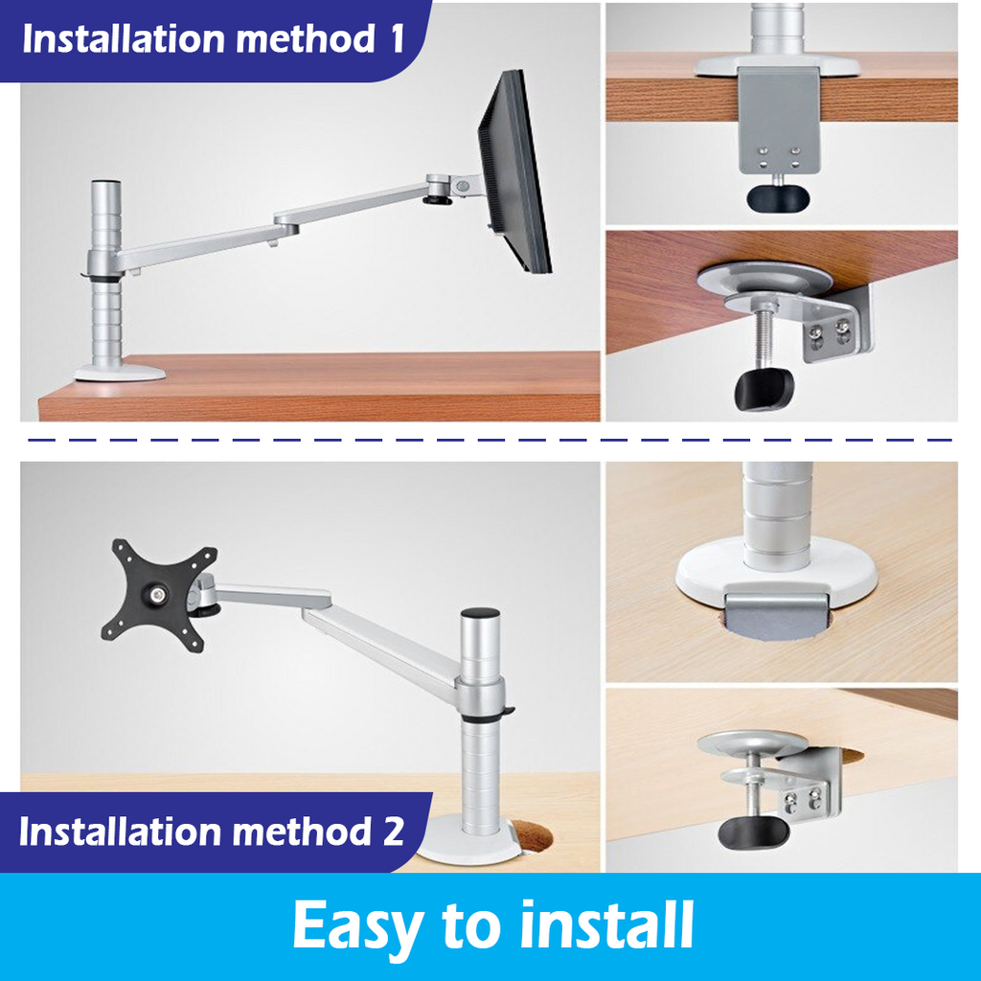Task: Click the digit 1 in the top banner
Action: pyautogui.click(x=394, y=39)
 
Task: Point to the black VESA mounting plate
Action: pyautogui.click(x=159, y=595)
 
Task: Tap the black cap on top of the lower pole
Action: pyautogui.click(x=480, y=613)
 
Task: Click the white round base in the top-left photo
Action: pyautogui.click(x=121, y=368)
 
